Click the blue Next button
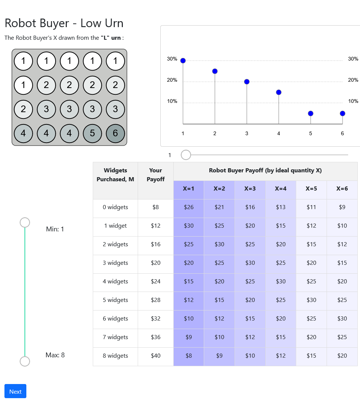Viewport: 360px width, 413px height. [x=15, y=391]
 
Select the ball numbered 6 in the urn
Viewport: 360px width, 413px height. [x=115, y=133]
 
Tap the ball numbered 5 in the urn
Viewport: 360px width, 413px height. [x=92, y=133]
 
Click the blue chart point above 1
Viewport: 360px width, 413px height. [x=183, y=61]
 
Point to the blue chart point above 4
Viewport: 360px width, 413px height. [x=279, y=92]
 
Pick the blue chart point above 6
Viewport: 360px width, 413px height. [x=343, y=113]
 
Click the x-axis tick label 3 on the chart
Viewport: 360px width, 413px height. [x=247, y=133]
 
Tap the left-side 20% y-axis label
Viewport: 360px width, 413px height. [x=172, y=80]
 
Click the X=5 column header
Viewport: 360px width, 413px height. [x=311, y=189]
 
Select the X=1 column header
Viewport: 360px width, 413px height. [x=189, y=189]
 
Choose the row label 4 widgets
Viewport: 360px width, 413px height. [x=115, y=282]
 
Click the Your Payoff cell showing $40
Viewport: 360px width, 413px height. [x=156, y=356]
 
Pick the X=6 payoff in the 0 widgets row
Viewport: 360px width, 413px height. [x=342, y=207]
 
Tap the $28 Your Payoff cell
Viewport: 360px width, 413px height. [x=156, y=300]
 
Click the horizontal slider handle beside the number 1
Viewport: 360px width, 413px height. [x=186, y=155]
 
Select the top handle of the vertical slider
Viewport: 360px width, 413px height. [x=25, y=222]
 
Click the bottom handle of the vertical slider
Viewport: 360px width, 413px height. [x=25, y=361]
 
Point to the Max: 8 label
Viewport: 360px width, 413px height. [x=55, y=355]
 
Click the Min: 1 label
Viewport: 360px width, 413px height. [x=55, y=229]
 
